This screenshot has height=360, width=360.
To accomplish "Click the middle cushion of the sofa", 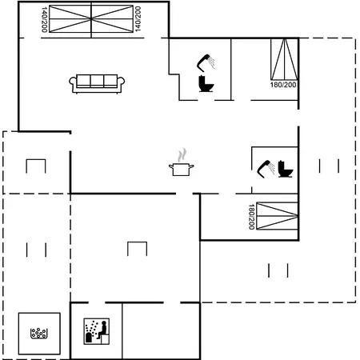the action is (x=97, y=80).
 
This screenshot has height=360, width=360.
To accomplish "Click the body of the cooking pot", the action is (x=182, y=170).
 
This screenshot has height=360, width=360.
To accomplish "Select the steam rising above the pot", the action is (x=182, y=155).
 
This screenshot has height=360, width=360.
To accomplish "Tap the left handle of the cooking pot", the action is (x=170, y=167).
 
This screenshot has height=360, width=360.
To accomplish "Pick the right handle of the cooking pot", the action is (x=191, y=167).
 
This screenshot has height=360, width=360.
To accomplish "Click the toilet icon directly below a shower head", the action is (x=206, y=84).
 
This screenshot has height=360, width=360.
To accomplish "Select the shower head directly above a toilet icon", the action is (x=206, y=62).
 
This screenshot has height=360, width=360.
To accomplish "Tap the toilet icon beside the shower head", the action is (x=286, y=169).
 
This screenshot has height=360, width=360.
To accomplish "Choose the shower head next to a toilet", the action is (x=266, y=169).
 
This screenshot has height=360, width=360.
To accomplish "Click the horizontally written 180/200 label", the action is (x=283, y=85).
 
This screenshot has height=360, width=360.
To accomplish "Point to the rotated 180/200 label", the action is (x=251, y=217).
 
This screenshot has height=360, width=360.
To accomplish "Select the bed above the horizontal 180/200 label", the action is (x=284, y=59).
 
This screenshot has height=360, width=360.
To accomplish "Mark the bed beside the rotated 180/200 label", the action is (x=277, y=216).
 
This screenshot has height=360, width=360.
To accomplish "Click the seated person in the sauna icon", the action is (x=102, y=330).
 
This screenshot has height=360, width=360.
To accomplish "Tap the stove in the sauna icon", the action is (x=89, y=338).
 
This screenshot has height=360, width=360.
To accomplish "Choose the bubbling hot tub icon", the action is (x=39, y=334).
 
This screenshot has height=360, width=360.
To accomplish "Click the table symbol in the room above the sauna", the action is (x=137, y=249).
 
